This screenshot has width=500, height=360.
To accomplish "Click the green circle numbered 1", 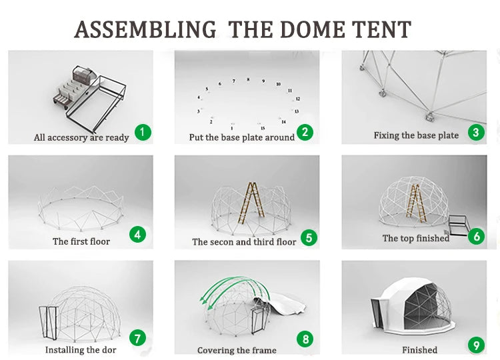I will pos(143,132).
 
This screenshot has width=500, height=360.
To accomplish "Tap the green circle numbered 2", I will pos(305,132).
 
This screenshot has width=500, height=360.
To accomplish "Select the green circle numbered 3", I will pos(475,132).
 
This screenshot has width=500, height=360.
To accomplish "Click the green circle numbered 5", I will pos(308,237).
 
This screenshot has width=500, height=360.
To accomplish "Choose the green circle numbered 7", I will pos(137,338).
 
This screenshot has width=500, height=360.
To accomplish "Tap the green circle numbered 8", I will pos(306,339).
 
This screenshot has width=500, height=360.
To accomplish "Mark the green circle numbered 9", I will pos(475,345).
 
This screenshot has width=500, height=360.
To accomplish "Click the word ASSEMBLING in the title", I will pos(145,30).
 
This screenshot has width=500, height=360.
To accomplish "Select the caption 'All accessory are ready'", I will pos(81,138).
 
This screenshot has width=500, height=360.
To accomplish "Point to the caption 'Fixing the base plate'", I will pos(416,135).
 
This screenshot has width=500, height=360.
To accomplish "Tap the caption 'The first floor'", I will pos(81,241).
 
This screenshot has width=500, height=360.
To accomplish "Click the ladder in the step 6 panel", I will pos(414,198).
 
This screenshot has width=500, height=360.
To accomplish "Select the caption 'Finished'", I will pos(419,350).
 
